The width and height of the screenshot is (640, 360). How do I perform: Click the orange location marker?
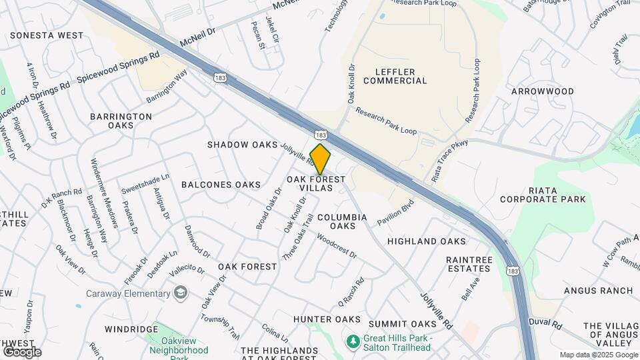point(321,159)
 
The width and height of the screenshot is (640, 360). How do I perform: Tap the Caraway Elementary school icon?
point(181,293)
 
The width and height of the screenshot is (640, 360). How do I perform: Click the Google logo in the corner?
point(23,351)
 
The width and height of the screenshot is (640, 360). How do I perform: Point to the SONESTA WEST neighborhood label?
point(47,35)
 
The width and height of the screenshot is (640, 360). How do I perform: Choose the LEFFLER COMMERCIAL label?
point(395,76)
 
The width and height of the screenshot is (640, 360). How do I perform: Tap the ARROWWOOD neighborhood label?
point(542,91)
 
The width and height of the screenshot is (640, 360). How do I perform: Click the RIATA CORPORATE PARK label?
point(547,195)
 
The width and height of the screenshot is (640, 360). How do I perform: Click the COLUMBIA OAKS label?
point(342,222)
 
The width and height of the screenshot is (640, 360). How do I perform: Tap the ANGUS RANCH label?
point(598,291)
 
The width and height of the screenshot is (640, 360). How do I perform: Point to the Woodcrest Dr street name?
point(337,246)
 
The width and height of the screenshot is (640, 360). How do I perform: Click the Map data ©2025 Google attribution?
point(599,355)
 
